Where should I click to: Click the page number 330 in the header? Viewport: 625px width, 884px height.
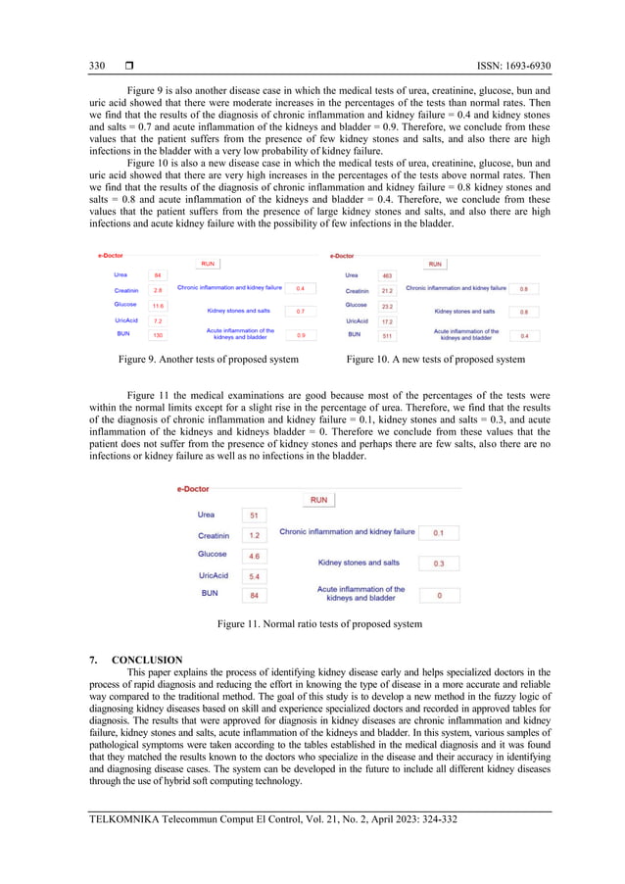pyautogui.click(x=97, y=66)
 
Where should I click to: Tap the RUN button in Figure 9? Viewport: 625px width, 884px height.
pyautogui.click(x=208, y=264)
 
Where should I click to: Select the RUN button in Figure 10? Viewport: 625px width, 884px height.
pyautogui.click(x=435, y=264)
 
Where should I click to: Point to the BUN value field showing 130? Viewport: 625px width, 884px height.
pyautogui.click(x=158, y=335)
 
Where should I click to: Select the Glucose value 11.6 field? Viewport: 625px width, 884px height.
pyautogui.click(x=158, y=306)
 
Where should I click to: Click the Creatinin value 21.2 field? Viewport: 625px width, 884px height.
pyautogui.click(x=387, y=291)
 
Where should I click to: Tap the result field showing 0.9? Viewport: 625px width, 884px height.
pyautogui.click(x=300, y=335)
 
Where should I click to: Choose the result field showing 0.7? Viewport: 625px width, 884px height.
pyautogui.click(x=300, y=312)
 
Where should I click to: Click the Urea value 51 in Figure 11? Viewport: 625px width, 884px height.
pyautogui.click(x=254, y=516)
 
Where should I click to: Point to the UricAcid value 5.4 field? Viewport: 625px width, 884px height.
pyautogui.click(x=254, y=576)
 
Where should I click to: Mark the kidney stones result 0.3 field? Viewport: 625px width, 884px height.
pyautogui.click(x=438, y=564)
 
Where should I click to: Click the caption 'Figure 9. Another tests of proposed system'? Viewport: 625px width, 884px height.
pyautogui.click(x=209, y=360)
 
